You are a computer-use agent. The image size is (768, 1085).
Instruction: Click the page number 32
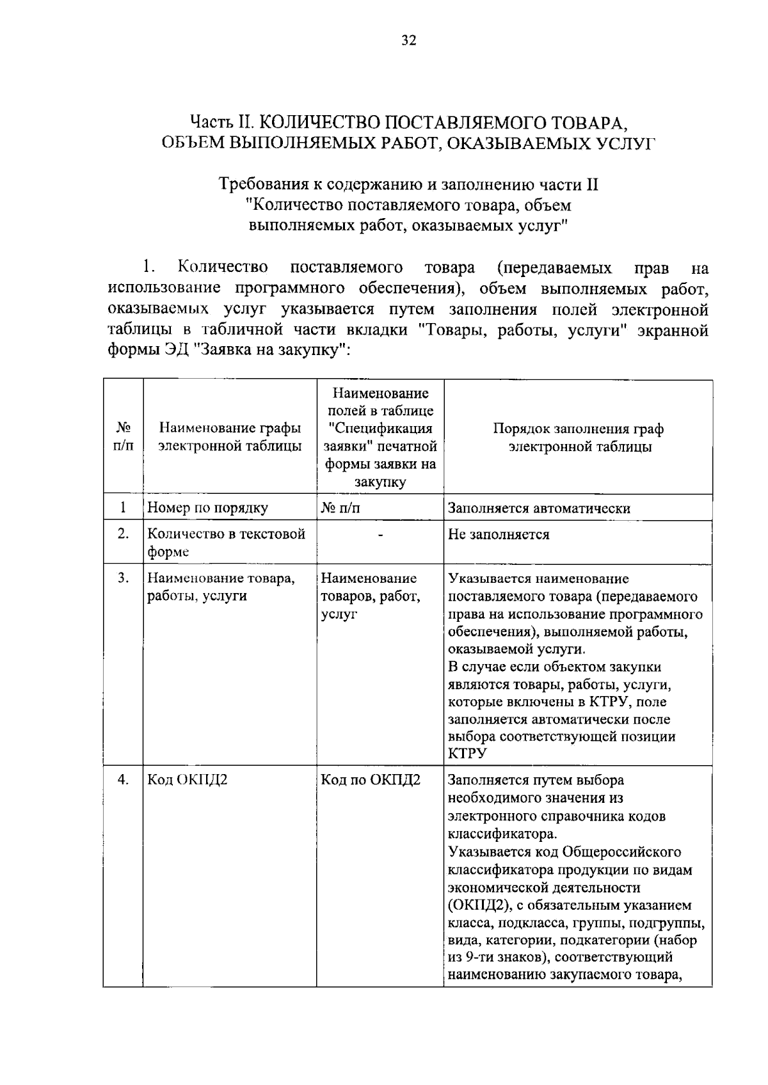(408, 41)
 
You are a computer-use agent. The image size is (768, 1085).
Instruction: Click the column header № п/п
(123, 437)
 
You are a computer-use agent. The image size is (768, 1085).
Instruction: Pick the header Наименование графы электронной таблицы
(230, 437)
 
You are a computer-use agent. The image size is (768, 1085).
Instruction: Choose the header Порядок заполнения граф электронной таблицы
(578, 438)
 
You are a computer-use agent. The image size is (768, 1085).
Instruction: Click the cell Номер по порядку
(208, 508)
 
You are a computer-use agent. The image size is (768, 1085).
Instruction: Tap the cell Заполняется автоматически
(539, 508)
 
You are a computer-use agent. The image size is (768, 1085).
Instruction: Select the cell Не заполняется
(499, 534)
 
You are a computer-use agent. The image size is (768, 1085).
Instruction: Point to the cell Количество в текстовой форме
(226, 542)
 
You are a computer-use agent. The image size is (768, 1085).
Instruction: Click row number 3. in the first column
(124, 578)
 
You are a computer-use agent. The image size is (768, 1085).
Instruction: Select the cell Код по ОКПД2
(370, 780)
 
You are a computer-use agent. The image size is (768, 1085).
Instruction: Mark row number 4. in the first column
(124, 780)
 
